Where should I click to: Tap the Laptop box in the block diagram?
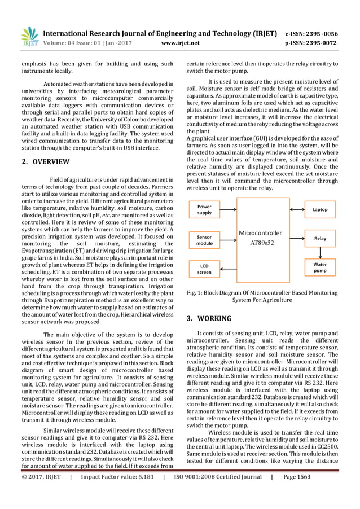320,209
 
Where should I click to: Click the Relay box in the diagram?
320,239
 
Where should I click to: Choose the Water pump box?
320,266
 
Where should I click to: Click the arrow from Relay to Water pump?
320,252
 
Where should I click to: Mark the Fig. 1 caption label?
199,293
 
